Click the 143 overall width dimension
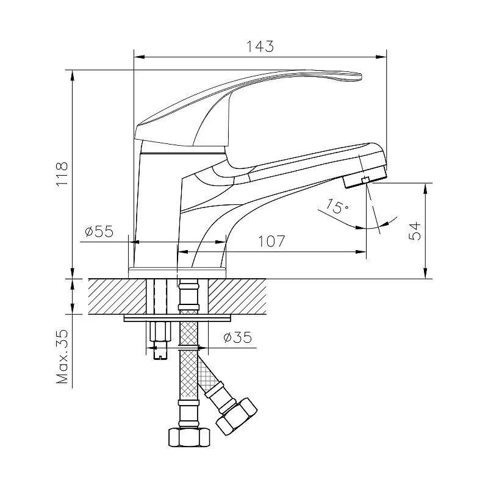pos(260,46)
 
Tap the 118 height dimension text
pos(62,174)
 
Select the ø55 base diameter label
pos(99,231)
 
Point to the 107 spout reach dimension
pos(271,241)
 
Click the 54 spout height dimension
pos(414,231)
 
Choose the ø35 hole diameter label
pos(237,337)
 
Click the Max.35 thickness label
pos(62,356)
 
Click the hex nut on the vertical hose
pos(189,437)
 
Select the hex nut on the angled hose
pos(236,416)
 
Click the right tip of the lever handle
pos(361,76)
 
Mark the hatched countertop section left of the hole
pos(117,296)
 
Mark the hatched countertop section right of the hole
pos(237,296)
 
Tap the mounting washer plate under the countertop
pos(178,318)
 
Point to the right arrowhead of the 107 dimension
pos(361,251)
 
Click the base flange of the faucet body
pos(177,273)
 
